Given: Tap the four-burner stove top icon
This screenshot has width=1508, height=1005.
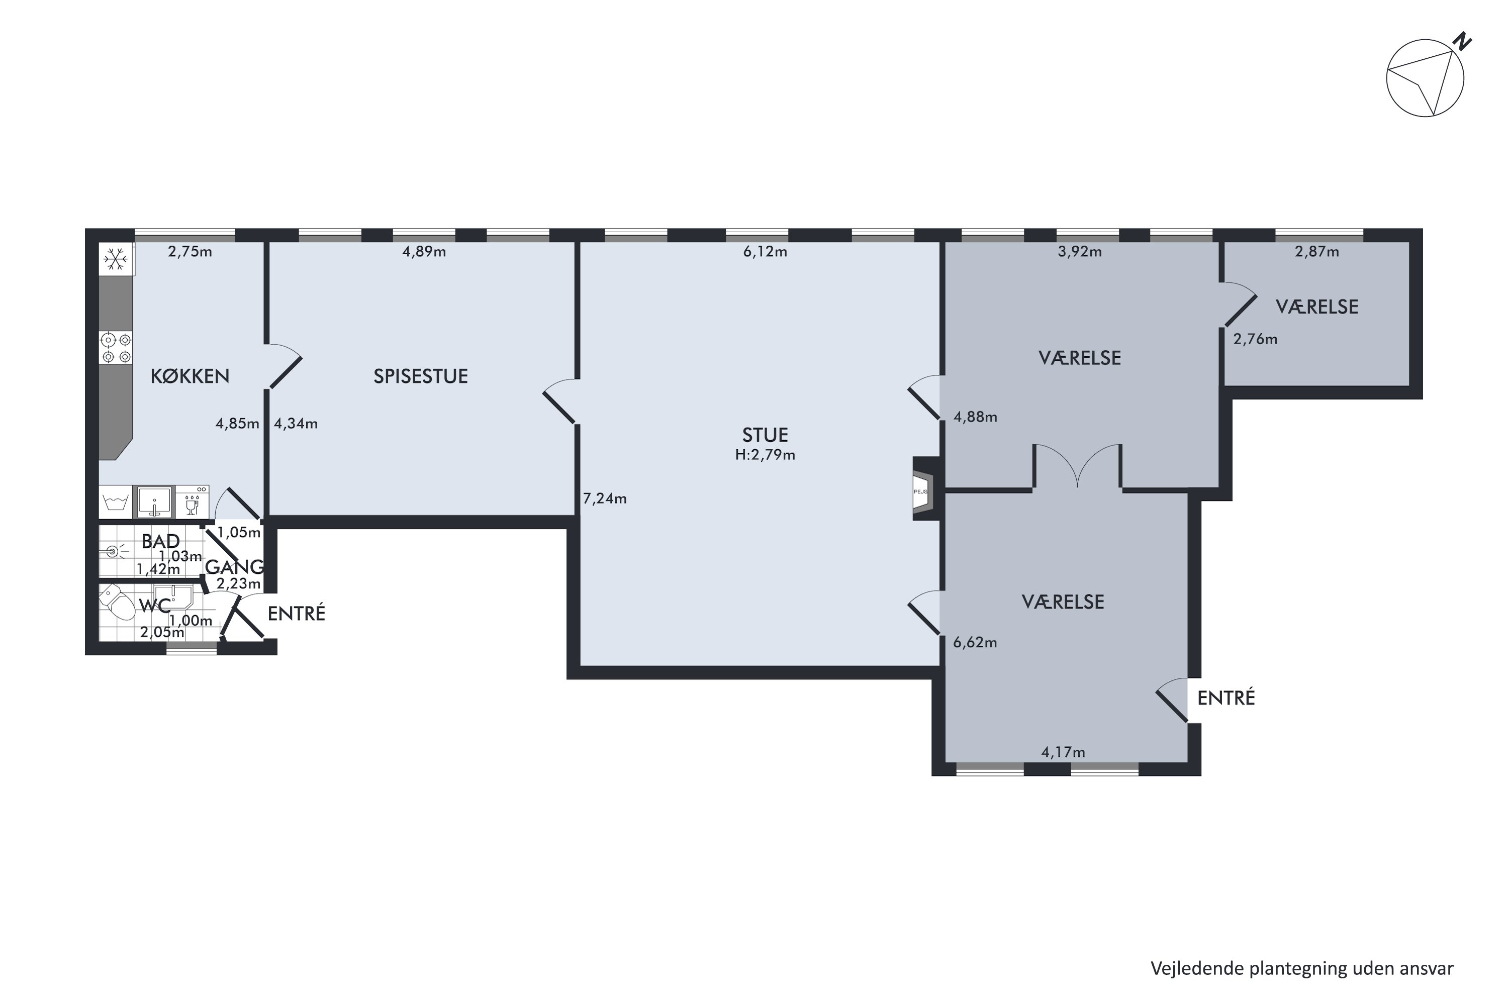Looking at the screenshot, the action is point(116,348).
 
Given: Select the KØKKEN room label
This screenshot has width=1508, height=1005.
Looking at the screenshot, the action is point(190,376).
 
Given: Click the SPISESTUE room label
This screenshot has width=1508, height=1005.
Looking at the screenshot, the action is point(421,376).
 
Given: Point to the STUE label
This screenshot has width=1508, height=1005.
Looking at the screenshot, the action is point(765,435).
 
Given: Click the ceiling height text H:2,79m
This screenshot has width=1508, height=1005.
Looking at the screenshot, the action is point(765,455).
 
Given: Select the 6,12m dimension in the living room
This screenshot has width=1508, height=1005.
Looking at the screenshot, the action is point(765,252).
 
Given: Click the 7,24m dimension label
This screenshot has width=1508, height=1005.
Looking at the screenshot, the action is point(605,498).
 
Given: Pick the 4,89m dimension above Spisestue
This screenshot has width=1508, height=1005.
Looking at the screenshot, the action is point(424,252).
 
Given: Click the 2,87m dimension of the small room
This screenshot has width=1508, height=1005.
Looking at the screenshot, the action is point(1317,252).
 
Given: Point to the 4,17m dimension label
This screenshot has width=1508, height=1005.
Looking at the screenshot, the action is point(1063,752).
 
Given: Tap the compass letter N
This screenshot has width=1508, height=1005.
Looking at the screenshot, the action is point(1462,42).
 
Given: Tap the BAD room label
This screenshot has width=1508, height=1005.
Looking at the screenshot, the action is point(160,542).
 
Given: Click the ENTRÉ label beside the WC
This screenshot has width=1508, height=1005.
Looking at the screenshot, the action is point(296,614).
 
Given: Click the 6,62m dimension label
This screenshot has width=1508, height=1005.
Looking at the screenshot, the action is point(975,643).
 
